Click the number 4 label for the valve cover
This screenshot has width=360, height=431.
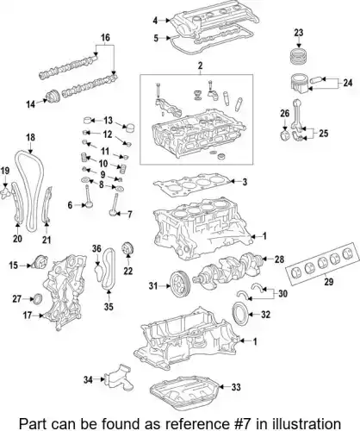click(x=155, y=21)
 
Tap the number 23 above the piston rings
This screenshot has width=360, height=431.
click(x=299, y=33)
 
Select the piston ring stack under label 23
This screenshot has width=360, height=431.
click(x=299, y=57)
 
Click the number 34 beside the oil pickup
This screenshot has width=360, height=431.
click(x=88, y=379)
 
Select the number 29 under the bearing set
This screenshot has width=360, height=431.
click(x=329, y=282)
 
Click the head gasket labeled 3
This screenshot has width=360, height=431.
click(x=191, y=184)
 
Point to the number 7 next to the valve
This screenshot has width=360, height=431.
click(x=129, y=214)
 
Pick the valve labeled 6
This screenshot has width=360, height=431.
click(x=88, y=197)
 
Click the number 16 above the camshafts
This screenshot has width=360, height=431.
click(x=105, y=37)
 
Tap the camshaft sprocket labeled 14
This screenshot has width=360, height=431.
click(x=53, y=97)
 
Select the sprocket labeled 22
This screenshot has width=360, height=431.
click(x=128, y=249)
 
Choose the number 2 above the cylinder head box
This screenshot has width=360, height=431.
click(x=200, y=66)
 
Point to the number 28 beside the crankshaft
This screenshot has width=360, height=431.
click(x=279, y=259)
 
